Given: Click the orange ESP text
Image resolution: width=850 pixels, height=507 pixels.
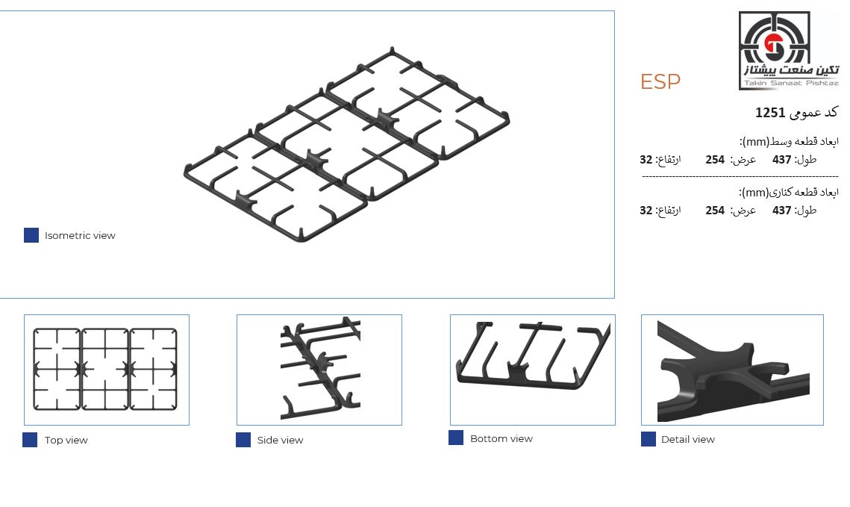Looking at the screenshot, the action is [x=660, y=81].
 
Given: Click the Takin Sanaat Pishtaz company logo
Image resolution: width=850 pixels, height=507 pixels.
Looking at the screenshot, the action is [x=790, y=51].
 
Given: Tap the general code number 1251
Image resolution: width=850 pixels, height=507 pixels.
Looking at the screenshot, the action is [x=770, y=112].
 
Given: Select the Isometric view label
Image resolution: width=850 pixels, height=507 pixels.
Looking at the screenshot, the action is [x=80, y=235].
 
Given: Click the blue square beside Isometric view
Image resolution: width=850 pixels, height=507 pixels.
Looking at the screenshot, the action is [x=31, y=234].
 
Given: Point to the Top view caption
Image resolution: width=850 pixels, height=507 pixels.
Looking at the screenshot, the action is [x=66, y=440].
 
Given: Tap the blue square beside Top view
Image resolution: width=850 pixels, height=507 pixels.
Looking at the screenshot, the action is [x=30, y=440].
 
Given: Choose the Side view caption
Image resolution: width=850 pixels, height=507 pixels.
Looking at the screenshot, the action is [x=280, y=440].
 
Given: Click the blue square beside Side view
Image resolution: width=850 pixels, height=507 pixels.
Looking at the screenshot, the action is [x=243, y=440].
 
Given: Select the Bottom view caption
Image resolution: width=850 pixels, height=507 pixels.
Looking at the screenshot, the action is [x=501, y=438].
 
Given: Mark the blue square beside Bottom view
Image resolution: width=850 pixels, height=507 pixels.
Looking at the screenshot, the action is [x=456, y=438].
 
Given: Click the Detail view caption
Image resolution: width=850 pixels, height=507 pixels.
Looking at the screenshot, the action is [x=688, y=439].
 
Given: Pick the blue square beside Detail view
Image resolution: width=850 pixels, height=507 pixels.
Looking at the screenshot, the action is [x=649, y=439].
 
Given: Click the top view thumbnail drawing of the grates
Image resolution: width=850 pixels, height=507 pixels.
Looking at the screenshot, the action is [x=105, y=370].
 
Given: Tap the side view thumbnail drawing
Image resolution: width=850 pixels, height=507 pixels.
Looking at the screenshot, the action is [x=320, y=369].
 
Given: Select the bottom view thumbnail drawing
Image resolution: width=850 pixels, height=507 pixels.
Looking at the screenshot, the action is [x=534, y=355].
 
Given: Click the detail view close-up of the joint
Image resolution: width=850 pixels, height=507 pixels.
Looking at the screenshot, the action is [x=733, y=371].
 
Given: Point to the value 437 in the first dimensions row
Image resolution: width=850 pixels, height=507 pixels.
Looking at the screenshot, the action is [x=781, y=160].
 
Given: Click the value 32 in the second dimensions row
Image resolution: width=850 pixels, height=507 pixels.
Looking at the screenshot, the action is [x=646, y=211].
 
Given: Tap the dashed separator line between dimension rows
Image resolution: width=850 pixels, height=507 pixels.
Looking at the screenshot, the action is [x=740, y=176].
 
